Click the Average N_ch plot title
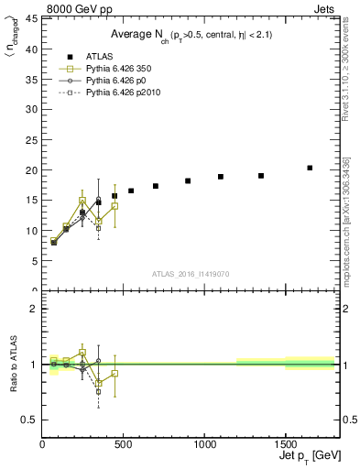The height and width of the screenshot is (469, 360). tap(191, 34)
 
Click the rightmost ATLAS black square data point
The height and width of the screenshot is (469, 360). tap(310, 168)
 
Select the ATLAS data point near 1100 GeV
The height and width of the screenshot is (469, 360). tap(221, 177)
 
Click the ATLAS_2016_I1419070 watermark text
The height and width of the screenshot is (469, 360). tap(191, 273)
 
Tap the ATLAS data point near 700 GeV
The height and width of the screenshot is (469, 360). tap(156, 186)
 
